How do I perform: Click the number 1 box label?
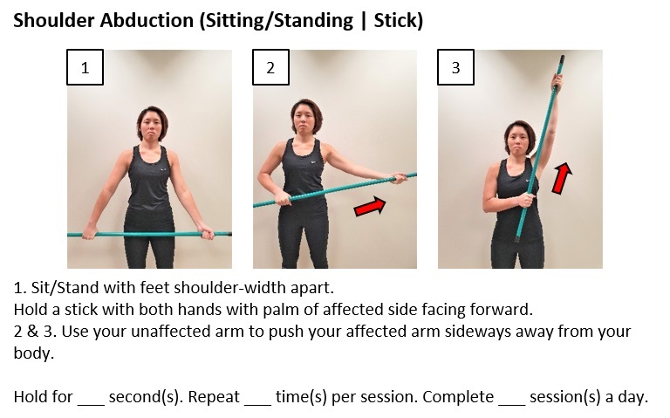tap(85, 68)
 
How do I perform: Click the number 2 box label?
tap(270, 68)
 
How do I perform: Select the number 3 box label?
tap(455, 68)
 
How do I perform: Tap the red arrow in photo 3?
tap(562, 177)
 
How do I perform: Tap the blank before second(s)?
tap(91, 397)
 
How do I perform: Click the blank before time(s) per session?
tap(257, 397)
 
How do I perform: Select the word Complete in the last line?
tap(461, 397)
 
